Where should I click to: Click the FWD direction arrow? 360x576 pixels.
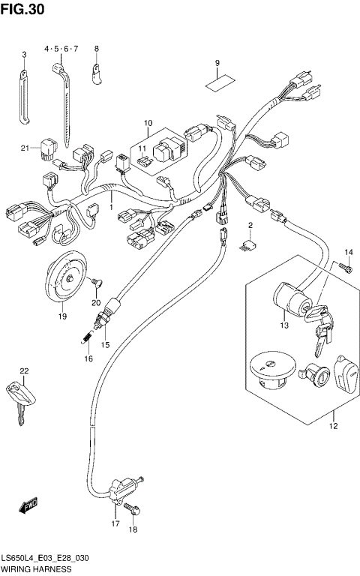coord(29,508)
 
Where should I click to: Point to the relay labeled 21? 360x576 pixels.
coord(50,147)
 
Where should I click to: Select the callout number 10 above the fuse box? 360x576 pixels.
coord(148,122)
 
